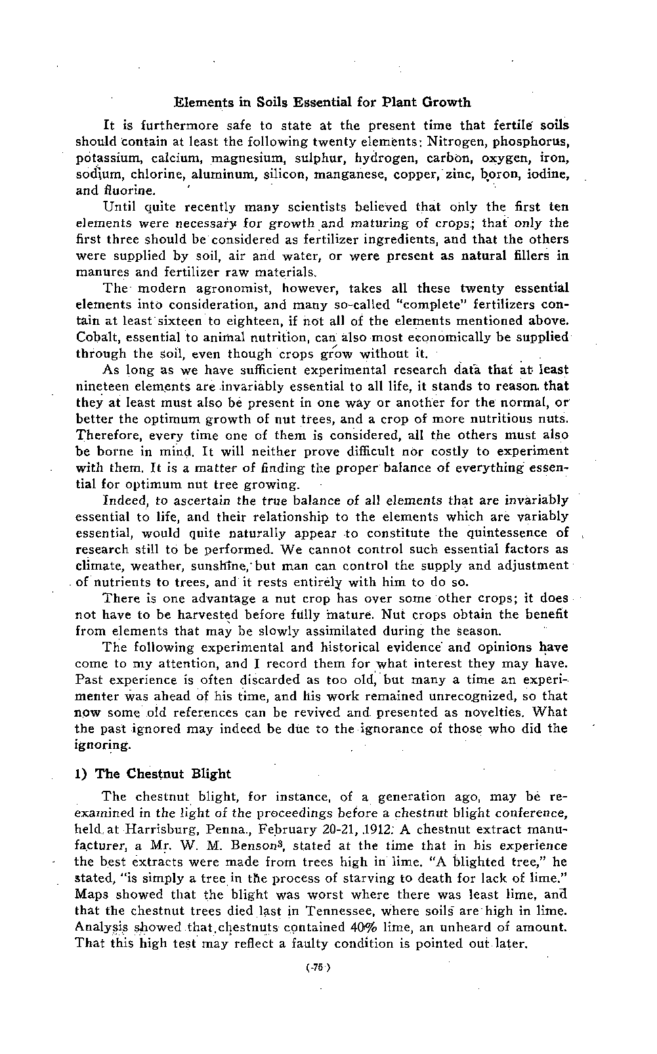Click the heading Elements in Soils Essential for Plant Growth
[x=322, y=102]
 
